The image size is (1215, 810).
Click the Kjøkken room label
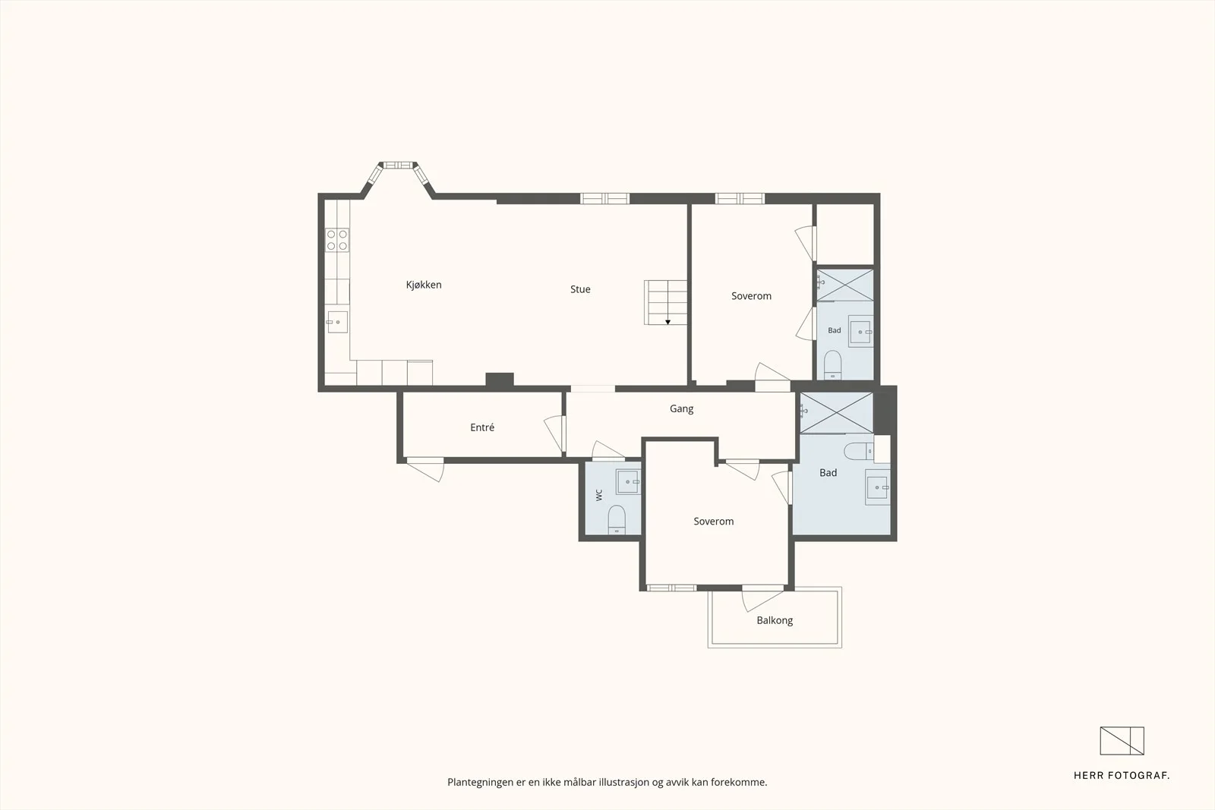424,285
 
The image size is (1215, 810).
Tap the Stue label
580,289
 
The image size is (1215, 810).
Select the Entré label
482,427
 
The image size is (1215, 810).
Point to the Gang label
681,408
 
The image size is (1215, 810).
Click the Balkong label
775,620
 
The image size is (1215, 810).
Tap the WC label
599,495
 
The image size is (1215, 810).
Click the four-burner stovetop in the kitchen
337,240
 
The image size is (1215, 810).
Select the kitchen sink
337,322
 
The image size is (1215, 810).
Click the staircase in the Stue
665,303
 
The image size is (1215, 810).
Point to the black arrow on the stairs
667,322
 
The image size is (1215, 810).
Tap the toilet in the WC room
617,519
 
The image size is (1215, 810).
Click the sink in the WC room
628,481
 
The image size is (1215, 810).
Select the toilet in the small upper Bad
832,365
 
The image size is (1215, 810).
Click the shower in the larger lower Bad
836,413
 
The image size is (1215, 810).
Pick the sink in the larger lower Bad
877,487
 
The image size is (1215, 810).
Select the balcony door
762,597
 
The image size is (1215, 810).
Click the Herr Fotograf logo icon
1122,741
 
